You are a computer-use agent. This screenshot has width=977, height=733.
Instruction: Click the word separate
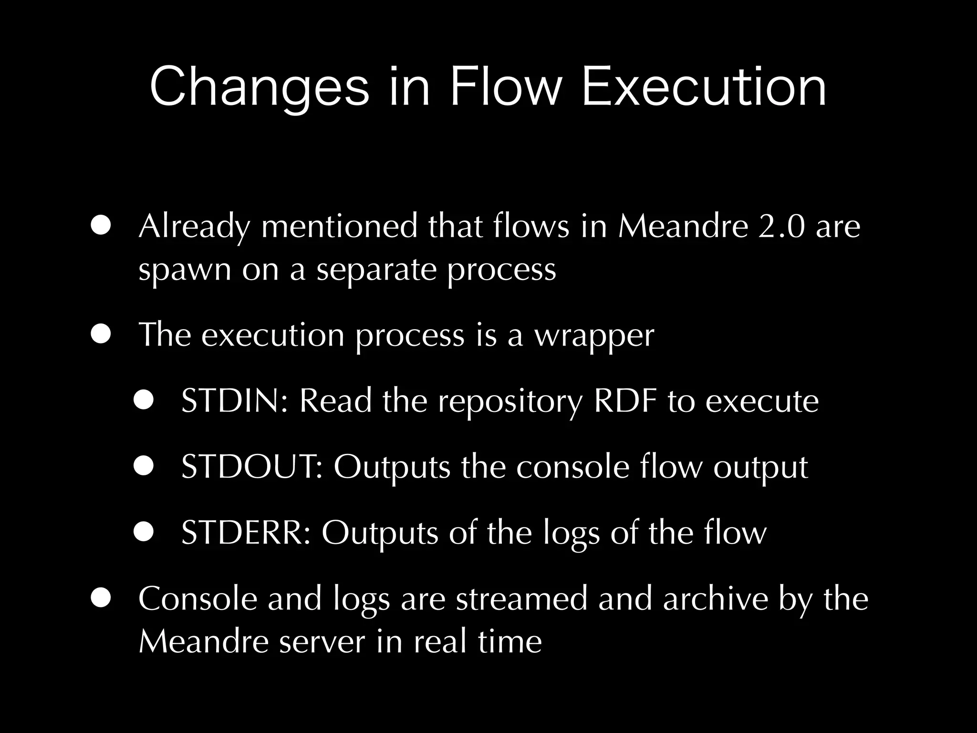[x=376, y=270]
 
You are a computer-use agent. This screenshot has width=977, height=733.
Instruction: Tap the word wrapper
[x=593, y=336]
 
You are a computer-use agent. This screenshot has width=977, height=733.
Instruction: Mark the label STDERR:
[x=246, y=533]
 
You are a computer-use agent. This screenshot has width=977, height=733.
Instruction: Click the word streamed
[x=521, y=598]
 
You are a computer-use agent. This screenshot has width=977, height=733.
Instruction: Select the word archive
[x=715, y=598]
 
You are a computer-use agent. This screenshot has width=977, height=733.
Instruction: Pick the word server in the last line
[x=322, y=641]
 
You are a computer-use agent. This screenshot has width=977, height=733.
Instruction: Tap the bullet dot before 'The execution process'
[x=101, y=335]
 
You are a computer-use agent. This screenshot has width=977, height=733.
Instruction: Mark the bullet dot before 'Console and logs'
[x=101, y=598]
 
